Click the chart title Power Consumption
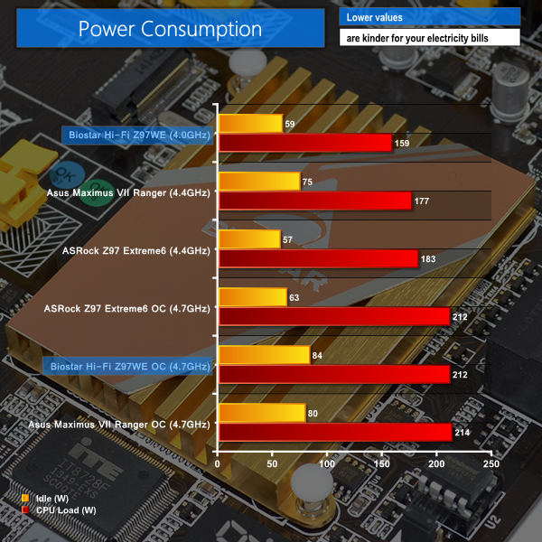170,29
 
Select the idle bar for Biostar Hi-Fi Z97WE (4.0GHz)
250,124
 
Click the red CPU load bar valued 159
305,143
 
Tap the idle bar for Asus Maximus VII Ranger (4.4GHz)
259,182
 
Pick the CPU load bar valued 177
315,201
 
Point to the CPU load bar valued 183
318,258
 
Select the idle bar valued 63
253,297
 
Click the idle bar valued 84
264,355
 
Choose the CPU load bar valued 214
335,432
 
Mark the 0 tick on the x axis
219,463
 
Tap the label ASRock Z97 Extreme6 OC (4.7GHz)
126,308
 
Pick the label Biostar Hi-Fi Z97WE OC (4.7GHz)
126,366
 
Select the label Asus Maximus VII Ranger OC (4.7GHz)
119,424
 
